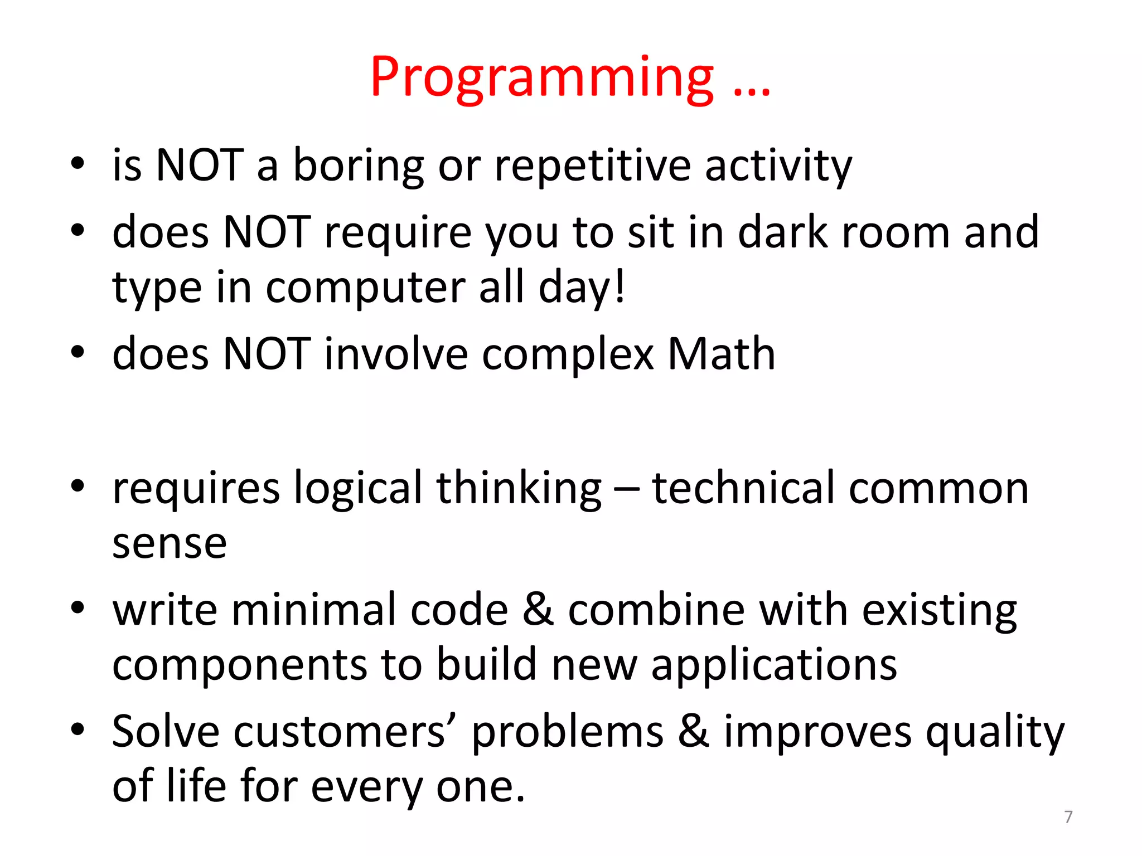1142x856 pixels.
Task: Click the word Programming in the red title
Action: (x=541, y=78)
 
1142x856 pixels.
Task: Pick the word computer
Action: (x=366, y=288)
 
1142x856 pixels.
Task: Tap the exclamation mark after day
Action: (x=619, y=286)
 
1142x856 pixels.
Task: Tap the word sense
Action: (x=170, y=544)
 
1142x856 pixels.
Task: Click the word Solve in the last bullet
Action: (x=166, y=732)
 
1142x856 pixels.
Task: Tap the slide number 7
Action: (x=1068, y=817)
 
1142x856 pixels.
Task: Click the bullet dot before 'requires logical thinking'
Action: (x=78, y=486)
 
